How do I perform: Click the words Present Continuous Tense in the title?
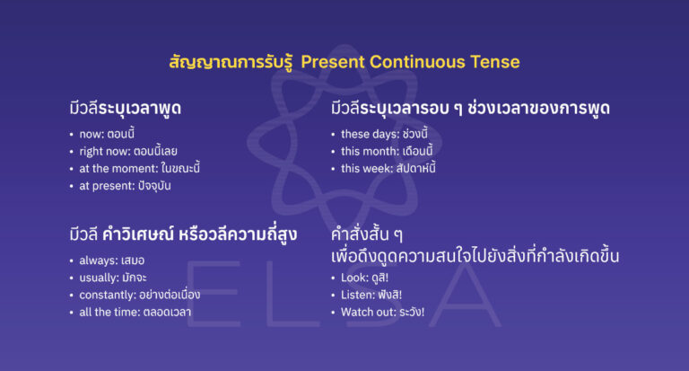[x=410, y=62]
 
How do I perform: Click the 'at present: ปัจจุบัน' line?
[x=125, y=186]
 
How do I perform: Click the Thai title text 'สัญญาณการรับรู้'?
[x=231, y=62]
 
